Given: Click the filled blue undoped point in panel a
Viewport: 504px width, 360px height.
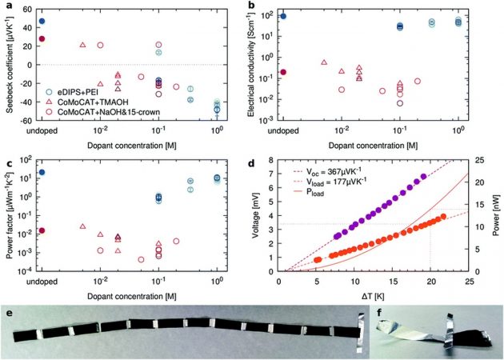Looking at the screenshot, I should point(42,21).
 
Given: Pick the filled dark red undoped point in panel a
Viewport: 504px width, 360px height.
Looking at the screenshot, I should point(42,38).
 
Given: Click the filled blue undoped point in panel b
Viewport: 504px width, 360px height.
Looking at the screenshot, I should point(282,16).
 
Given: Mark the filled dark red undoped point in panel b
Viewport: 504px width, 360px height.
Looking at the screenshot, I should point(282,72).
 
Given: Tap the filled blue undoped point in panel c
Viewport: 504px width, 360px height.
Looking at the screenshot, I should point(42,173).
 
